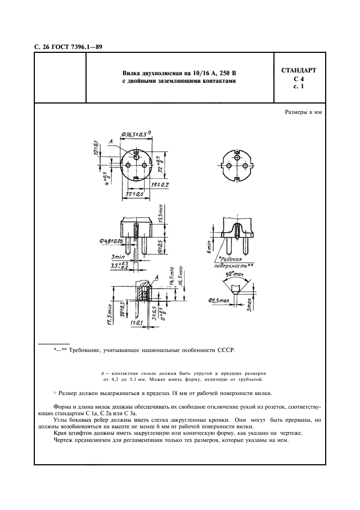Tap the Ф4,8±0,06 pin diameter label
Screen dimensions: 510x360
click(x=111, y=241)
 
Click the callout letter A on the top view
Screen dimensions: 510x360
click(x=111, y=142)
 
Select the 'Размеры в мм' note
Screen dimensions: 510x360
click(x=303, y=112)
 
